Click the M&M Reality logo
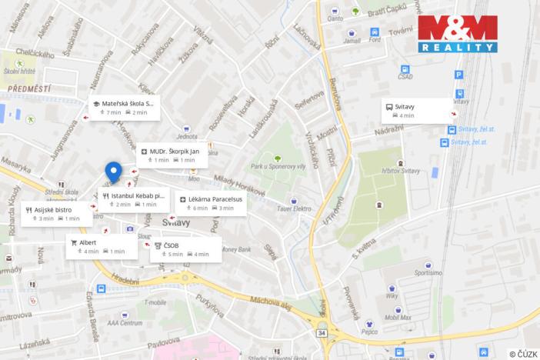(458, 33)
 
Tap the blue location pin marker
(113, 172)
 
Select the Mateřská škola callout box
(123, 107)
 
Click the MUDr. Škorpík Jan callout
(174, 155)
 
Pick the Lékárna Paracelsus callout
(210, 203)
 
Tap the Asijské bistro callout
(53, 213)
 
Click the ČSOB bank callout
(185, 249)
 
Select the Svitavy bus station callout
(417, 111)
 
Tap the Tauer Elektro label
(295, 208)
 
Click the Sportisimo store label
(428, 272)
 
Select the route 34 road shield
(321, 333)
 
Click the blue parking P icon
(459, 75)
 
